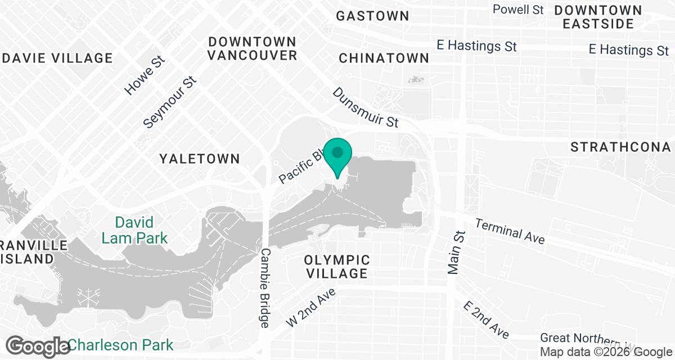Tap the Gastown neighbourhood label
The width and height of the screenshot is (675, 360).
point(372,16)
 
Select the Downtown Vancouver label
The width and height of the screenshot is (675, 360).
point(252,48)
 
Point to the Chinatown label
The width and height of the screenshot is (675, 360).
point(384,58)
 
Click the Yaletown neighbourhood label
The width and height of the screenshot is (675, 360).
point(200,159)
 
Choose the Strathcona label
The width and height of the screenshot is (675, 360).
point(620,147)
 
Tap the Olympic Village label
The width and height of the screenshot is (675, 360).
point(337,267)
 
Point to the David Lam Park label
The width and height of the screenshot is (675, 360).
point(134,230)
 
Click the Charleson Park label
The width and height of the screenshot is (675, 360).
point(121,344)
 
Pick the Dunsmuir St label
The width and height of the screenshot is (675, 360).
point(366,107)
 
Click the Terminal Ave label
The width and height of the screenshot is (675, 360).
point(510,231)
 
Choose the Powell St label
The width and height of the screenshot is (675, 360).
point(518,10)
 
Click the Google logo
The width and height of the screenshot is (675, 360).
point(38,345)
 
